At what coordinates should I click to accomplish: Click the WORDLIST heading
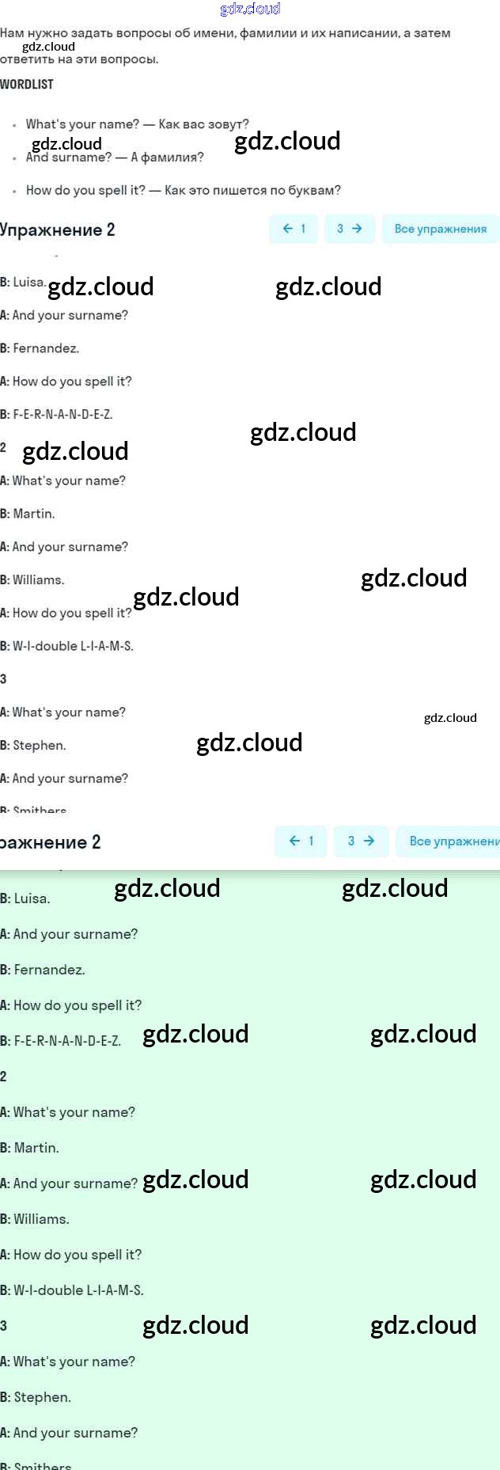coord(27,84)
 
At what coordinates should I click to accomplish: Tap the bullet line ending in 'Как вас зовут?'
coord(137,124)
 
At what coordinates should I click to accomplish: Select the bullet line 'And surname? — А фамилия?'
coord(115,158)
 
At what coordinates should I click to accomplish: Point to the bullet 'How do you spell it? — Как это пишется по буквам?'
coord(183,190)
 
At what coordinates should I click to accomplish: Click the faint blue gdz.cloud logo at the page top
coord(250,9)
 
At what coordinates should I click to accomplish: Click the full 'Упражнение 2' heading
coord(58,230)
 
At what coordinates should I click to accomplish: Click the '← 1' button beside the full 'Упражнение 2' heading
coord(294,229)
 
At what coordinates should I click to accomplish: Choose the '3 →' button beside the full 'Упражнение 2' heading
coord(350,229)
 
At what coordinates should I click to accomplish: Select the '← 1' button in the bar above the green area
coord(301,841)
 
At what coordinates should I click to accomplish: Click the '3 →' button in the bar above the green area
coord(361,841)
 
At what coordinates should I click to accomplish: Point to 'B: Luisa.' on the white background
coord(23,282)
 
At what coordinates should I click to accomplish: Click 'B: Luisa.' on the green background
coord(25,898)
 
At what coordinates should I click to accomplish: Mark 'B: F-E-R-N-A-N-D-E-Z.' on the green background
coord(61,1041)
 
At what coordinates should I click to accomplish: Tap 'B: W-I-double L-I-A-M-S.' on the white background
coord(67,646)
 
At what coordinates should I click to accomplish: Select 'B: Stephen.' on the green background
coord(36,1397)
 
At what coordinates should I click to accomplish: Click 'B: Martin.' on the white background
coord(28,514)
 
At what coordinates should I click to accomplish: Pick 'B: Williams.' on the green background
coord(35,1219)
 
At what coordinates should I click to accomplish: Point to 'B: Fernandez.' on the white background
coord(40,348)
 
